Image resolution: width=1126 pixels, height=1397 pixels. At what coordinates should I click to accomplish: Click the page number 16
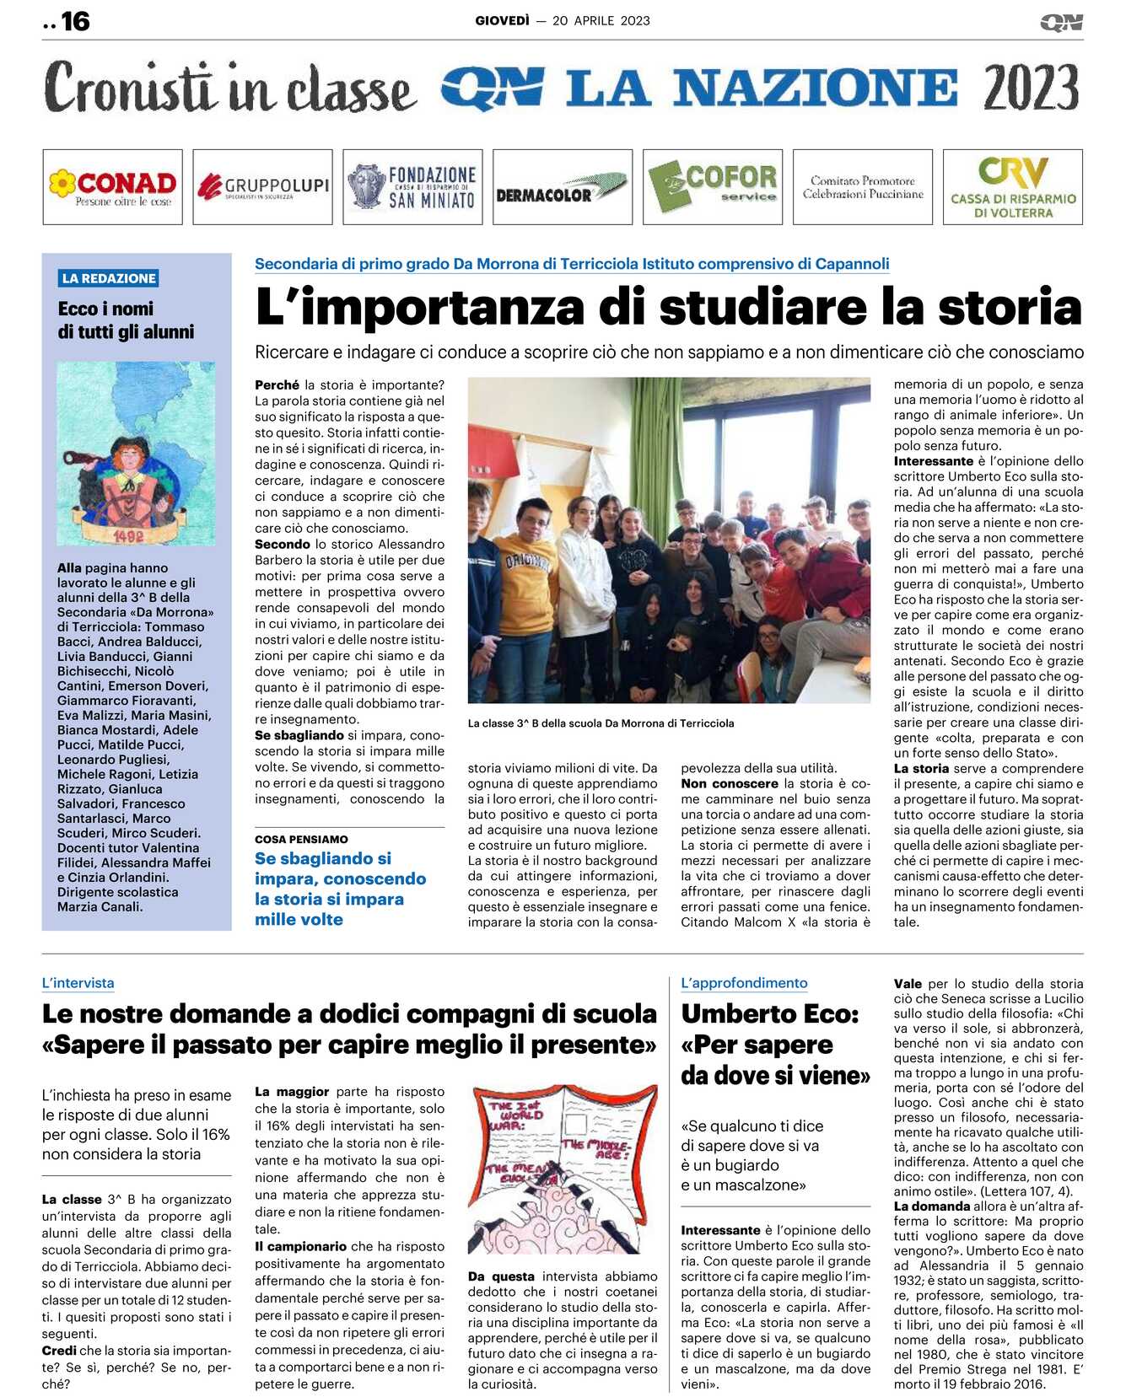[75, 21]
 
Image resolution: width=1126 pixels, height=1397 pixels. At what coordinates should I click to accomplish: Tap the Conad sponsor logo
[112, 187]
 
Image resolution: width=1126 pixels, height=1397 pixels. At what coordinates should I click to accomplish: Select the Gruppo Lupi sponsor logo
[262, 187]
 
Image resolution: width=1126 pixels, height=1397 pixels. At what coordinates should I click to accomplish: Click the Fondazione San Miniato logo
[412, 187]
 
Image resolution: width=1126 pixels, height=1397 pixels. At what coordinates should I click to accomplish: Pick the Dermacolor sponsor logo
[562, 187]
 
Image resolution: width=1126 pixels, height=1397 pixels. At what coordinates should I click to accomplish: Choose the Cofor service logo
[713, 187]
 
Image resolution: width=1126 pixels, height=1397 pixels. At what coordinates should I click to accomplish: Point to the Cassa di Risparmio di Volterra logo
[1012, 187]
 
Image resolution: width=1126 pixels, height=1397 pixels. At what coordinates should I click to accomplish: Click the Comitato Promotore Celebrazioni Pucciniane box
[862, 187]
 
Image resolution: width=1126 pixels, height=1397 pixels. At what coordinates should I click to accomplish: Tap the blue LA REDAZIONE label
[109, 278]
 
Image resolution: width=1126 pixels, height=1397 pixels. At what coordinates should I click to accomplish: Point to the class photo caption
[601, 723]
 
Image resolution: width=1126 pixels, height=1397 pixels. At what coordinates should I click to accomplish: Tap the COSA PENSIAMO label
[301, 840]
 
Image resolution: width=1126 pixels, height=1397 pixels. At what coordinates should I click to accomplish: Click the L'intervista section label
[78, 983]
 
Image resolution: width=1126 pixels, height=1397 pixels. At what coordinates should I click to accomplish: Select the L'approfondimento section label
[744, 983]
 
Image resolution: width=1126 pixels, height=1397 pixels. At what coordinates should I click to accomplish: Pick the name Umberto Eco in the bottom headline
[769, 1013]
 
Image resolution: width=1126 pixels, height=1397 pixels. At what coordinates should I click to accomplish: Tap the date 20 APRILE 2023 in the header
[601, 21]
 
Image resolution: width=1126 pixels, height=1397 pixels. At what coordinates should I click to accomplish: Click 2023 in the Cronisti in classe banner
[1031, 88]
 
